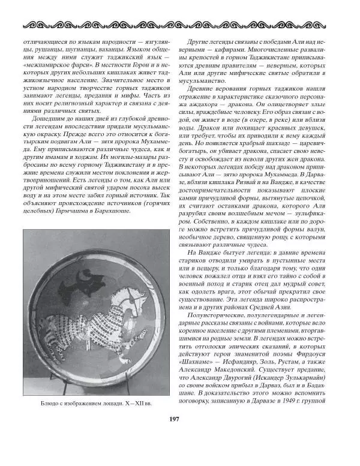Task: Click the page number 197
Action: point(180,436)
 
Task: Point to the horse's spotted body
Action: point(90,327)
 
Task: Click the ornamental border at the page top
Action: point(180,26)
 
